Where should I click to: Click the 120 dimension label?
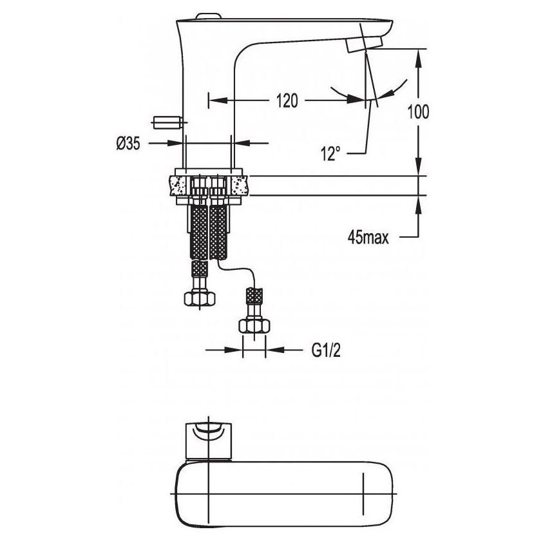[x=287, y=100]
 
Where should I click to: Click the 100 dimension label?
[x=418, y=111]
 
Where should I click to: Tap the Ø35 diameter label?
[x=128, y=143]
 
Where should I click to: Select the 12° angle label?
[x=330, y=153]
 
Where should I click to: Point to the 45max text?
[x=368, y=238]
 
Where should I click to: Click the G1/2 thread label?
[x=326, y=350]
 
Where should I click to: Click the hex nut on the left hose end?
[x=200, y=298]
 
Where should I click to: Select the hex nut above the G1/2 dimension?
[x=254, y=326]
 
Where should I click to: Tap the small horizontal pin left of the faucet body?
[x=167, y=122]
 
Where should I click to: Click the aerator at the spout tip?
[x=365, y=44]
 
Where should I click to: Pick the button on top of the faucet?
[x=208, y=16]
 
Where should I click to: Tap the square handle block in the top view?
[x=209, y=440]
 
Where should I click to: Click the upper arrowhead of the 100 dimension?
[x=418, y=58]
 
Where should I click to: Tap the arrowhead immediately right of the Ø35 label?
[x=176, y=143]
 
